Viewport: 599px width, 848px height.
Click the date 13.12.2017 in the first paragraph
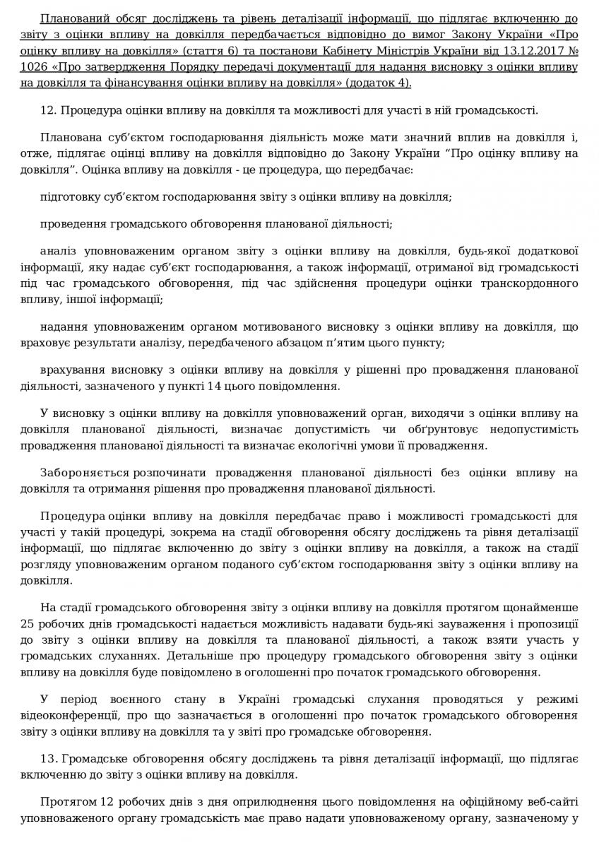coord(521,50)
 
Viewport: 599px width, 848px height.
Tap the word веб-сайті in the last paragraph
coord(556,803)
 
